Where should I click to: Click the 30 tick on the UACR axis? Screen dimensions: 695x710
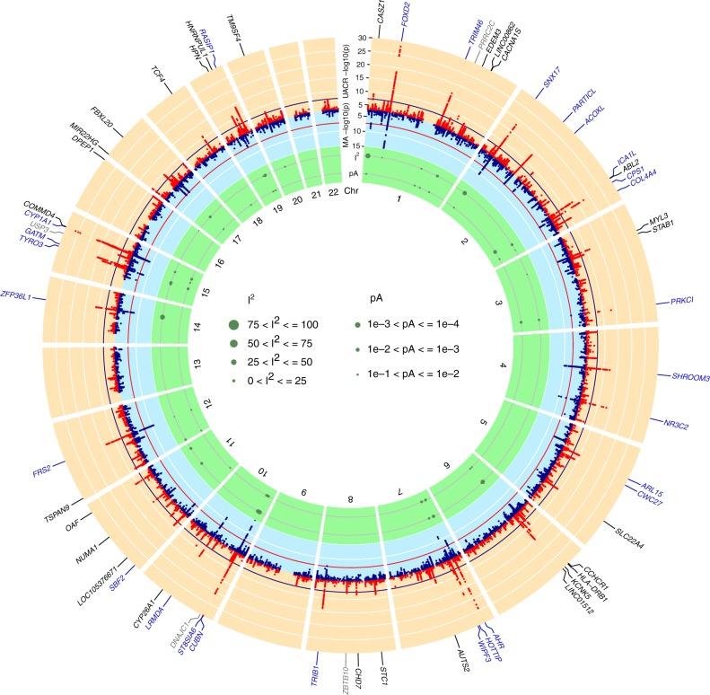coord(361,40)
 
